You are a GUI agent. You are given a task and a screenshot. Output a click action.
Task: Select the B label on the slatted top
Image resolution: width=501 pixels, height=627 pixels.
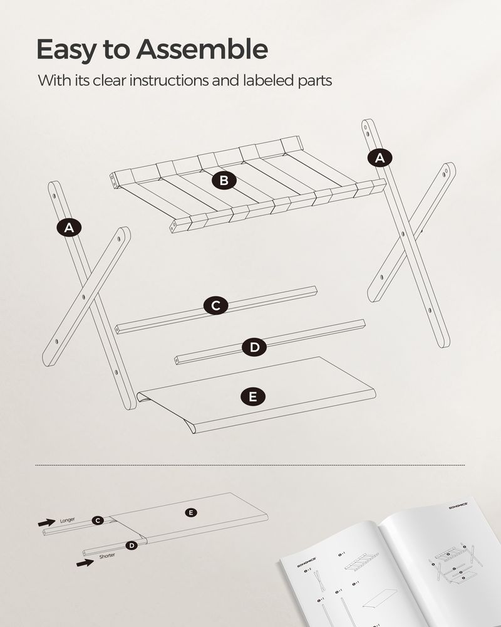click(x=224, y=181)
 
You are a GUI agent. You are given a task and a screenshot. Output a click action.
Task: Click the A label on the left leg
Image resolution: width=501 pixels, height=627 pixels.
click(x=69, y=228)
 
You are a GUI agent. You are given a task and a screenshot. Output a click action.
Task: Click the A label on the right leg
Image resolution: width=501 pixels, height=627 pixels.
click(x=379, y=158)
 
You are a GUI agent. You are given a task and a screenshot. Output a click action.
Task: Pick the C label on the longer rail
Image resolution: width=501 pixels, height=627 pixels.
click(x=215, y=305)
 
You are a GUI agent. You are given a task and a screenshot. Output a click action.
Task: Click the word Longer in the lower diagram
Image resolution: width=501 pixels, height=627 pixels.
click(x=68, y=520)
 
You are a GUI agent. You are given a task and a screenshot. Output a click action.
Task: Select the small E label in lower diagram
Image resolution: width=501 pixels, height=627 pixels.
click(x=192, y=513)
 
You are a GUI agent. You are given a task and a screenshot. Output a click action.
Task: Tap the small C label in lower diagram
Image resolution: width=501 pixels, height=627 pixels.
click(x=97, y=520)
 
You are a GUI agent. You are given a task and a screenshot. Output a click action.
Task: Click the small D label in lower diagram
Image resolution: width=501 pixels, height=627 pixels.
click(x=132, y=545)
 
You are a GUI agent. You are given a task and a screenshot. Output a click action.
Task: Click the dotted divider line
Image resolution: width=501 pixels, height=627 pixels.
click(x=250, y=465)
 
